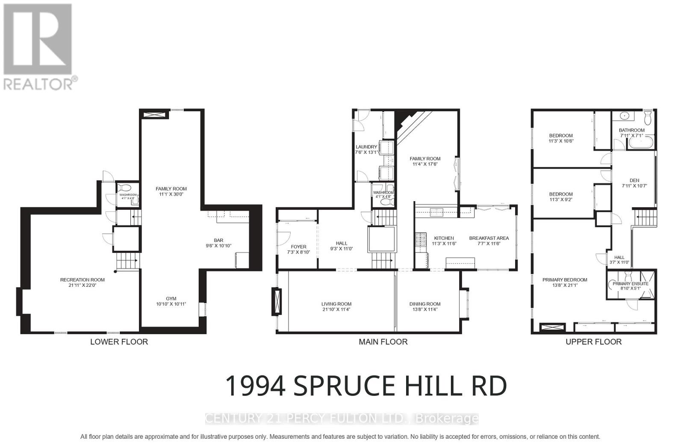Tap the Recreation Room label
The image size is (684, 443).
[83, 280]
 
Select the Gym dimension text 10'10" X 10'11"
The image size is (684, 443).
[171, 304]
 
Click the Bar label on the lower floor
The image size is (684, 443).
[218, 241]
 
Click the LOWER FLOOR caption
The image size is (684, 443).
[119, 342]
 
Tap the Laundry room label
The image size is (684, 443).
[366, 147]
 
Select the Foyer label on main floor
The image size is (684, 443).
[298, 247]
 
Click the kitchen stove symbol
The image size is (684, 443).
[420, 240]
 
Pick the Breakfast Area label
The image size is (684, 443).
[489, 238]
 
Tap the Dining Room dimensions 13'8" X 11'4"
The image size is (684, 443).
[425, 309]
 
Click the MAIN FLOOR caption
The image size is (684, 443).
[383, 342]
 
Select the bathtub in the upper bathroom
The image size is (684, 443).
[640, 143]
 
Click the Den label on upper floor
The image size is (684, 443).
[634, 181]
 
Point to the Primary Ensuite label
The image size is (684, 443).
[630, 284]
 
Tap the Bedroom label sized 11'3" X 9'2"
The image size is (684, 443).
[560, 194]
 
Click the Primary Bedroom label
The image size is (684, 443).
[564, 280]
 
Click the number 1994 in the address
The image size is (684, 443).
[255, 386]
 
